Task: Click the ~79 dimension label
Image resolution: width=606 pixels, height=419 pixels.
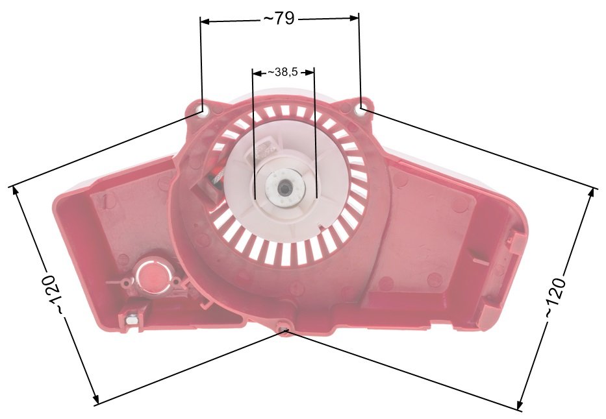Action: point(279,18)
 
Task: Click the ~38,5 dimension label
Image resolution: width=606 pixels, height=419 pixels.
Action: point(283,72)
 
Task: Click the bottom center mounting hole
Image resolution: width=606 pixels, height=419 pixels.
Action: point(284,329)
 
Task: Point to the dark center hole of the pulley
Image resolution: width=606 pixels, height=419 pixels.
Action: point(286,189)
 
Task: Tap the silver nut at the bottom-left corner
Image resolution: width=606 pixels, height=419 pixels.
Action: point(131,320)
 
